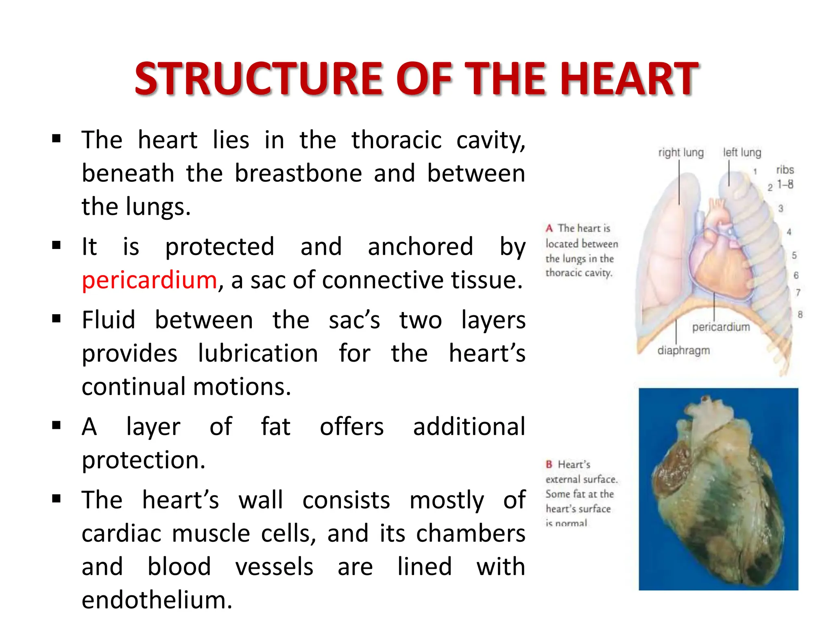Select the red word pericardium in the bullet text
click(x=149, y=280)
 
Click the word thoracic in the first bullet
click(x=396, y=140)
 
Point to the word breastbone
click(x=298, y=174)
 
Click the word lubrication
click(x=258, y=353)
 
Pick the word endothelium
click(x=157, y=600)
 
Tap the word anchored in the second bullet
click(x=420, y=247)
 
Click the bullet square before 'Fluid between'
click(x=57, y=319)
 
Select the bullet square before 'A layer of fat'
click(x=57, y=426)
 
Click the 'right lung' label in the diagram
click(x=680, y=153)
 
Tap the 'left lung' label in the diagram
click(x=742, y=153)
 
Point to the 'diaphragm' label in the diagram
click(x=683, y=350)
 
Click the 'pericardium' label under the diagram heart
click(x=721, y=327)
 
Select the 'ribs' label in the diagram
click(x=785, y=170)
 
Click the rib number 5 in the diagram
click(x=794, y=256)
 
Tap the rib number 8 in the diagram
click(x=800, y=315)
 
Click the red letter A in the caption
click(x=549, y=228)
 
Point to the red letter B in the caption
click(x=549, y=464)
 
